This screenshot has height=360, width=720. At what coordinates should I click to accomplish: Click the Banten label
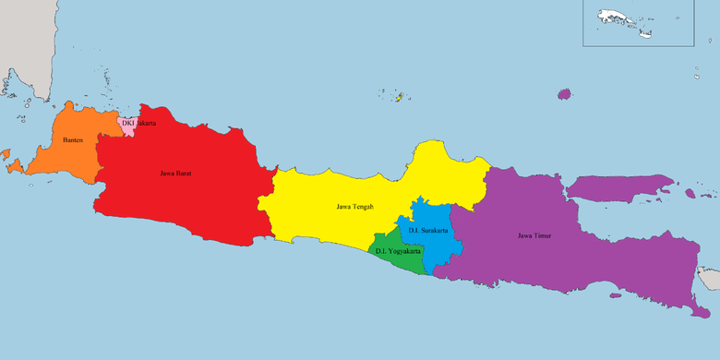click(x=73, y=140)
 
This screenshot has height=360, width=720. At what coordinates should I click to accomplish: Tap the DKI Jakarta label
click(x=138, y=123)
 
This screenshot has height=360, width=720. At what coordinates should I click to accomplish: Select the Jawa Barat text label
click(x=175, y=173)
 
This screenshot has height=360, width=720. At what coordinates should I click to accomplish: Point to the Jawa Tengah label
click(x=355, y=207)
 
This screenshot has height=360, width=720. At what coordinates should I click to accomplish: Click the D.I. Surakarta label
click(x=428, y=230)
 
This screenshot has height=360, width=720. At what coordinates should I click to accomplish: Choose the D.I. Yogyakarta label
click(x=398, y=251)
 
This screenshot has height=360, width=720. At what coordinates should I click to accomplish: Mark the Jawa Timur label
click(x=534, y=235)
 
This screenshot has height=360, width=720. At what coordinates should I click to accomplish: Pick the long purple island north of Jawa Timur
click(x=618, y=188)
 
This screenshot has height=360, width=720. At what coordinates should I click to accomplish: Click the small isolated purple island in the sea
click(x=564, y=93)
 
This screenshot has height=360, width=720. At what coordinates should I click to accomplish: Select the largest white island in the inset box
click(x=613, y=17)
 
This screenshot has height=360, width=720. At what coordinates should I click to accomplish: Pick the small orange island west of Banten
click(x=14, y=165)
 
